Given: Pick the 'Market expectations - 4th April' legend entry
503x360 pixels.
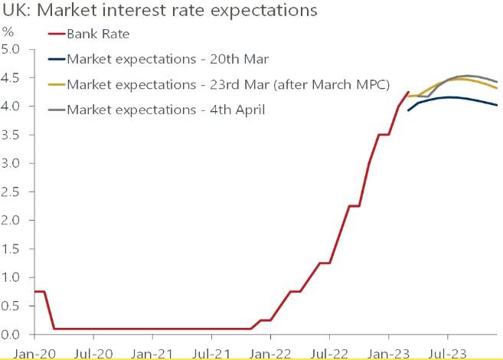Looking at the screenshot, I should [x=166, y=110].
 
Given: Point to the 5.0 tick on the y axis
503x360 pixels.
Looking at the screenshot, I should [x=15, y=50].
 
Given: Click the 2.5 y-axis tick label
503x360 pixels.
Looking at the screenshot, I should [x=15, y=192].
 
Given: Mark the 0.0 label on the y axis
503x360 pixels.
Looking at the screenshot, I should [x=15, y=335].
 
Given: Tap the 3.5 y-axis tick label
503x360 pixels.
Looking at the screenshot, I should [x=15, y=136].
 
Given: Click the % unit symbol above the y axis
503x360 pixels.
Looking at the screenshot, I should [x=8, y=32].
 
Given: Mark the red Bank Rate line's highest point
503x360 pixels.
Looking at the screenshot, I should [x=408, y=92].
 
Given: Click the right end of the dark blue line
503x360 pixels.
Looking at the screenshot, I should [x=497, y=106].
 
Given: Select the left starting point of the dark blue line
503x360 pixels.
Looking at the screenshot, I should [x=408, y=111].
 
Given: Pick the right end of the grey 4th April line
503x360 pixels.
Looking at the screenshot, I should [x=497, y=82].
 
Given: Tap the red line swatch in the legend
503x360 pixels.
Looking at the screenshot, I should [x=55, y=34].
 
